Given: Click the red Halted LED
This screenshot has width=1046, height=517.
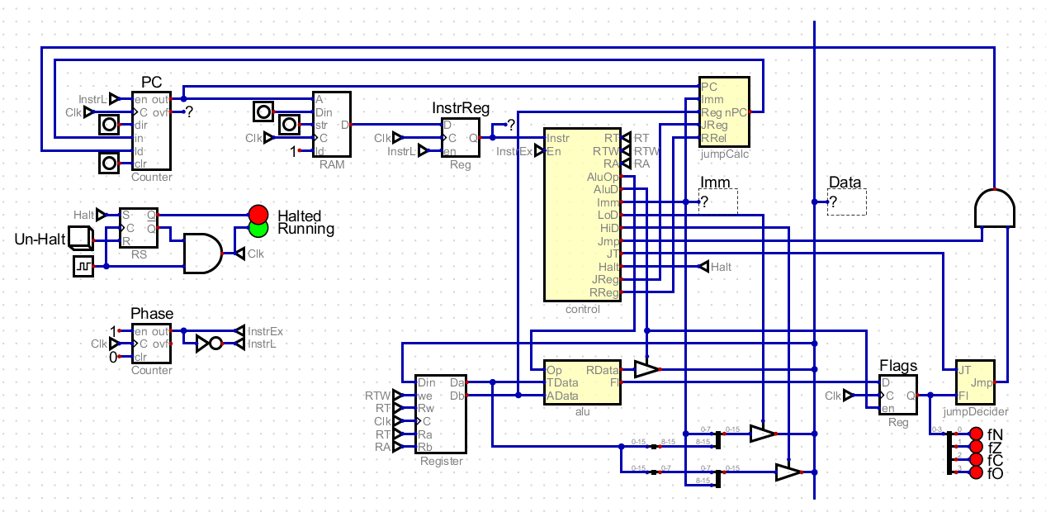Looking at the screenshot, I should click(x=258, y=213).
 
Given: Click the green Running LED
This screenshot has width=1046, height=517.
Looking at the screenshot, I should click(x=258, y=227).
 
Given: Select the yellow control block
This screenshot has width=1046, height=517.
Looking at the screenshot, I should click(x=582, y=215).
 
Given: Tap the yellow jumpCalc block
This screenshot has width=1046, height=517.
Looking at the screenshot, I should click(x=724, y=111).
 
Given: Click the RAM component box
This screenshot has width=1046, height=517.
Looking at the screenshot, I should click(x=331, y=124).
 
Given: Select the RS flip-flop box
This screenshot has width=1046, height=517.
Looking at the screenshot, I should click(x=139, y=227).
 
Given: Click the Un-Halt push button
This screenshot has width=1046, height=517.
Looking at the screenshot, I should click(x=81, y=240).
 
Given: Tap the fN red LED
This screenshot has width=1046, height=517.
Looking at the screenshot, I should click(x=976, y=434).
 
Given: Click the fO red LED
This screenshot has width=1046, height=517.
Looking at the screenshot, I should click(x=976, y=472).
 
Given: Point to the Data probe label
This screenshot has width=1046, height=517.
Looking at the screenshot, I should click(x=844, y=183).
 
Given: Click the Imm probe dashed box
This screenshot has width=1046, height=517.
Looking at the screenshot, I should click(x=717, y=202).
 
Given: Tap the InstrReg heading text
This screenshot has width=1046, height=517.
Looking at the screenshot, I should click(x=461, y=108).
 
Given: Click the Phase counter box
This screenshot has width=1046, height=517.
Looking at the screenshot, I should click(x=152, y=343).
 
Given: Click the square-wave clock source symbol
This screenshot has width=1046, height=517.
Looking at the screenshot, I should click(x=83, y=266).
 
